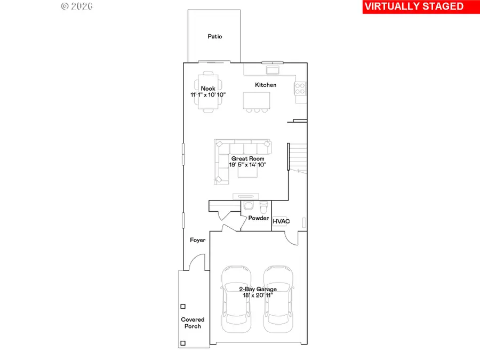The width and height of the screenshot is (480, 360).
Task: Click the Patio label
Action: [214, 37]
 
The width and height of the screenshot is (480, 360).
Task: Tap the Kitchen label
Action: [266, 85]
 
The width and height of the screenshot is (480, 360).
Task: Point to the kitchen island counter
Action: [257, 100]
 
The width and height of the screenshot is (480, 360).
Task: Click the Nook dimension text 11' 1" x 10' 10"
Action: [208, 94]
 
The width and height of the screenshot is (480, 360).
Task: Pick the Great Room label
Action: [247, 158]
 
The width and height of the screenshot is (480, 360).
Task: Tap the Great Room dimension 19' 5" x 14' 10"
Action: [247, 165]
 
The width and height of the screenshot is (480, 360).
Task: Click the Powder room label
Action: [258, 218]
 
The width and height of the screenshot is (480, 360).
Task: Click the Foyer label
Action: [198, 241]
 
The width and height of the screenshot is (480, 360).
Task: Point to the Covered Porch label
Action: [193, 323]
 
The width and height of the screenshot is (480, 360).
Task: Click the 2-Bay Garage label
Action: [258, 289]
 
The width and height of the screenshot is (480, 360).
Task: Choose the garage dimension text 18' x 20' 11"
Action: [258, 295]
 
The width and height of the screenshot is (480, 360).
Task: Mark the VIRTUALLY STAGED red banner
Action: [414, 6]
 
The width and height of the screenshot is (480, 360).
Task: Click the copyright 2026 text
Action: [77, 6]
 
